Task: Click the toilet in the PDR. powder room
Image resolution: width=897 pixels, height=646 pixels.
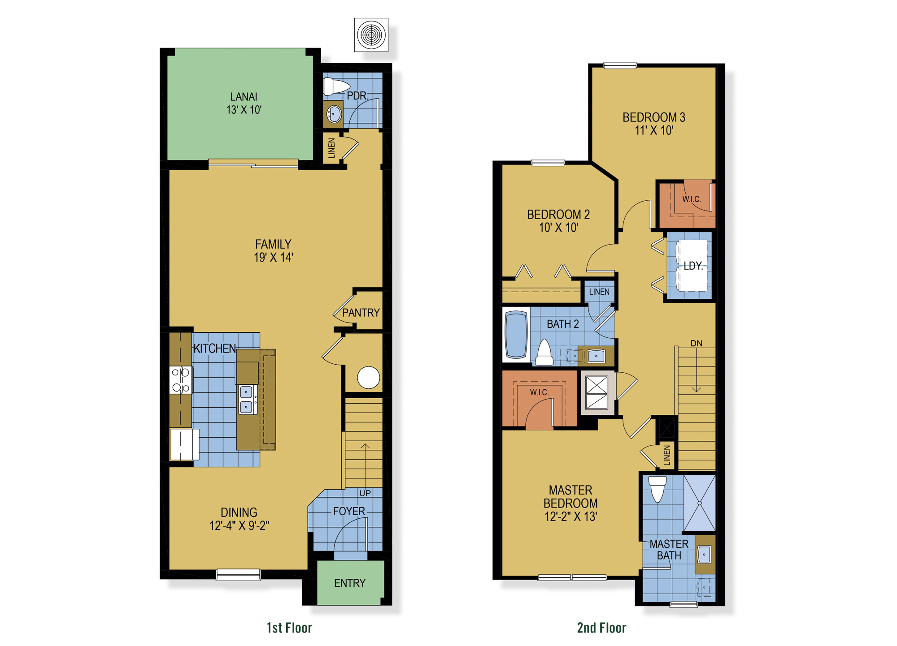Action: coord(336,86)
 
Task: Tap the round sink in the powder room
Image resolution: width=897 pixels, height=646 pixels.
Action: coord(334,114)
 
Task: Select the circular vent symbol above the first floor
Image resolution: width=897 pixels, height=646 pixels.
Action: coord(371,35)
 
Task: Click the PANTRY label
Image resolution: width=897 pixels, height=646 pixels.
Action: coord(361,313)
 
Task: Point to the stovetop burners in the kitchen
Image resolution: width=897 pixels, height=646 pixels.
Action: coord(181,380)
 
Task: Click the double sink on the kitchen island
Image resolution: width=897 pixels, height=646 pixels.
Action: coord(246,399)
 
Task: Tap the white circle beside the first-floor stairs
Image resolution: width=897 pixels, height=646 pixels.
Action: coord(368,377)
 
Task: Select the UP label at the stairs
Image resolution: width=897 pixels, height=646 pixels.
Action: coord(365,493)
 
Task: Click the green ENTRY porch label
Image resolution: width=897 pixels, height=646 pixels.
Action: coord(350,583)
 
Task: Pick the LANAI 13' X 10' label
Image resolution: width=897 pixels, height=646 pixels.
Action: coord(244,103)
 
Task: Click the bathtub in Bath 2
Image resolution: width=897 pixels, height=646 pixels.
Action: coord(516,334)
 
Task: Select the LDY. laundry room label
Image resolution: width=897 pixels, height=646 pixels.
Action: coord(693,266)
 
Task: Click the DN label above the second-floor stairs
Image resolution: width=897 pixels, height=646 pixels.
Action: coord(696,343)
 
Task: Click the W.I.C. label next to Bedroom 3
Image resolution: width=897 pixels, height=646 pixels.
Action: coord(692,199)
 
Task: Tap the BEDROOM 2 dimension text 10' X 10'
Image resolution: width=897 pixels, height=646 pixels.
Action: coord(558,228)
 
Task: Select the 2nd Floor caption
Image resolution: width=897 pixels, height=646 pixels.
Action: coord(601,628)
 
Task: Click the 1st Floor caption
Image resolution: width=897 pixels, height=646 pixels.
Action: coord(289,628)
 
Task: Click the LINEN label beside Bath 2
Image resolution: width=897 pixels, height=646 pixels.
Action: coord(599,292)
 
